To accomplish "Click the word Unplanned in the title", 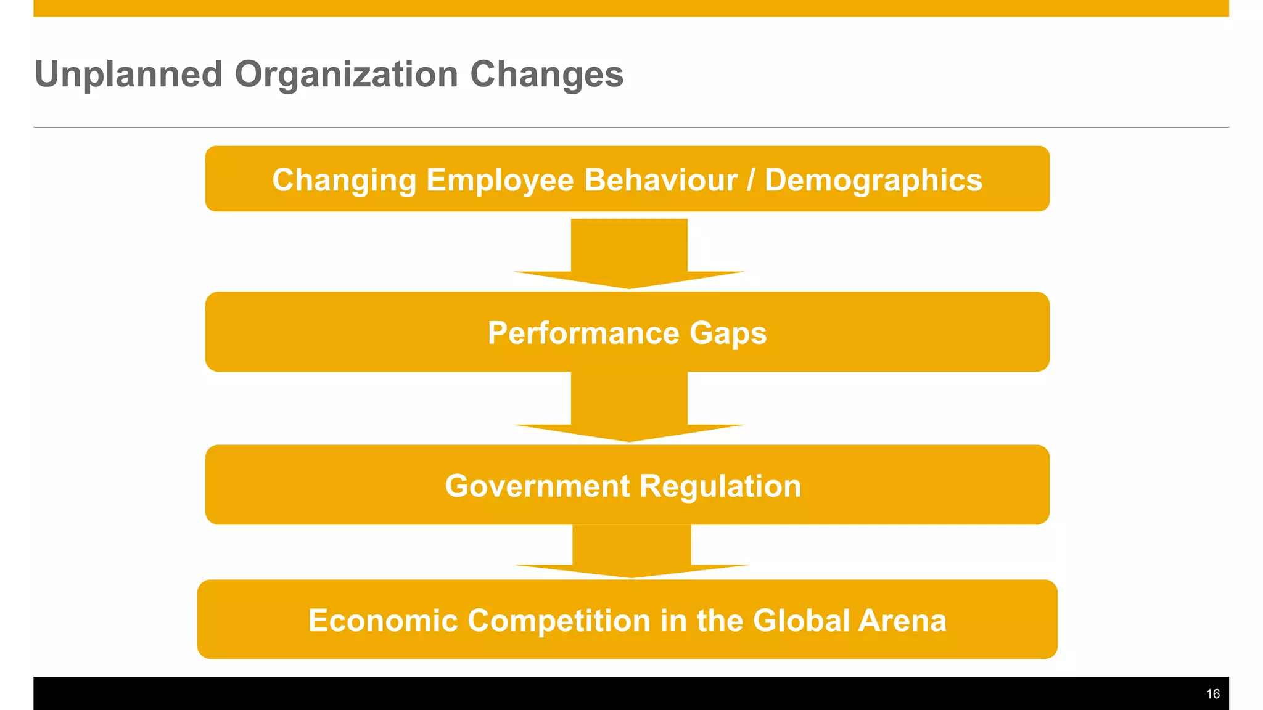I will click(x=128, y=75).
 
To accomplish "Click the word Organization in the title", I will click(x=346, y=75).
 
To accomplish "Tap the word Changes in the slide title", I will click(x=546, y=75).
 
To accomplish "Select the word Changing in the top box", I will click(x=344, y=181).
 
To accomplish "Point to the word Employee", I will click(x=500, y=181).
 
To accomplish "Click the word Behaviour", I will click(x=660, y=181).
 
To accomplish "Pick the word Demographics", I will click(x=873, y=181).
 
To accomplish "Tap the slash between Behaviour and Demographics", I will click(x=751, y=181).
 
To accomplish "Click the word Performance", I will click(x=583, y=333).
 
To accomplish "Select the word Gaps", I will click(x=728, y=333).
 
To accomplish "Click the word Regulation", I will click(x=720, y=486).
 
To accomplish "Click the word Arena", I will click(x=902, y=621).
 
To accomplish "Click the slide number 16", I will click(x=1212, y=695).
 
